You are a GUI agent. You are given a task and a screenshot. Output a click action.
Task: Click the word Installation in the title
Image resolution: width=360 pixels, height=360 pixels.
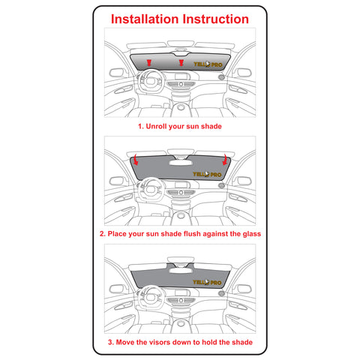point(145,19)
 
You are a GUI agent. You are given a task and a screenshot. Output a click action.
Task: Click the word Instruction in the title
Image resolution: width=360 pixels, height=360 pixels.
point(216,19)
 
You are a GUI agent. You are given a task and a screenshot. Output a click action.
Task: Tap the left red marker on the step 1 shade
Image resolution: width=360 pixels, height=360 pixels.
point(149,63)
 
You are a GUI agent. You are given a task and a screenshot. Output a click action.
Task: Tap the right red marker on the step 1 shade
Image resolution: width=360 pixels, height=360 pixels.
point(181,62)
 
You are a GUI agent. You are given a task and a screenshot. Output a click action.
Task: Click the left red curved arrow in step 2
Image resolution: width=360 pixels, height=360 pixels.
point(135,160)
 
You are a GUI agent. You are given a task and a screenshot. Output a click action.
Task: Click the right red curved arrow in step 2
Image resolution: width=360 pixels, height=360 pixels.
point(225,160)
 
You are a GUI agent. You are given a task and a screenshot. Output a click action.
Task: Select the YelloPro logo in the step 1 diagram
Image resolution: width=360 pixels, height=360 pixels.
point(208,64)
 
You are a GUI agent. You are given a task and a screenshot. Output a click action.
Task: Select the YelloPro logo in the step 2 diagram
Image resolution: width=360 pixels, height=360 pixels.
point(208,174)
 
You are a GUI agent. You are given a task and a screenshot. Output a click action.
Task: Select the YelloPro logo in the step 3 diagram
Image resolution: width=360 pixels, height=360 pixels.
point(208,282)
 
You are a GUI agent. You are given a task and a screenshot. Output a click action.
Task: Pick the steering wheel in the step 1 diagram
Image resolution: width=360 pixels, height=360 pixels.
point(150,81)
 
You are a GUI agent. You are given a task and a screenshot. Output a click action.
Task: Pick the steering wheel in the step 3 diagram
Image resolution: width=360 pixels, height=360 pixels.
point(151,297)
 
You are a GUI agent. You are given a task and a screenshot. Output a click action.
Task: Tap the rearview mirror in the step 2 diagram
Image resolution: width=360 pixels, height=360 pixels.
point(181,163)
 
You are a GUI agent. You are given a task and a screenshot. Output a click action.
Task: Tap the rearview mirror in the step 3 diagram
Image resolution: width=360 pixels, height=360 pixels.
point(181,271)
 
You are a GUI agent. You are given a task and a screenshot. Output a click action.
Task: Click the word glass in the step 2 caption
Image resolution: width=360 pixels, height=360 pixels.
point(252,234)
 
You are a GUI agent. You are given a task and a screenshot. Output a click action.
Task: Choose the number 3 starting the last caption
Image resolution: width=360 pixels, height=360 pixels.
point(110,342)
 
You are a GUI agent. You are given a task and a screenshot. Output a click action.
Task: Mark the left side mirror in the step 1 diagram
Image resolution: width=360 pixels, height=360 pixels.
point(116,73)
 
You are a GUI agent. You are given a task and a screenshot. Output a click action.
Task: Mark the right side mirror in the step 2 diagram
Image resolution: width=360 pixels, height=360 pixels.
point(244,181)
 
